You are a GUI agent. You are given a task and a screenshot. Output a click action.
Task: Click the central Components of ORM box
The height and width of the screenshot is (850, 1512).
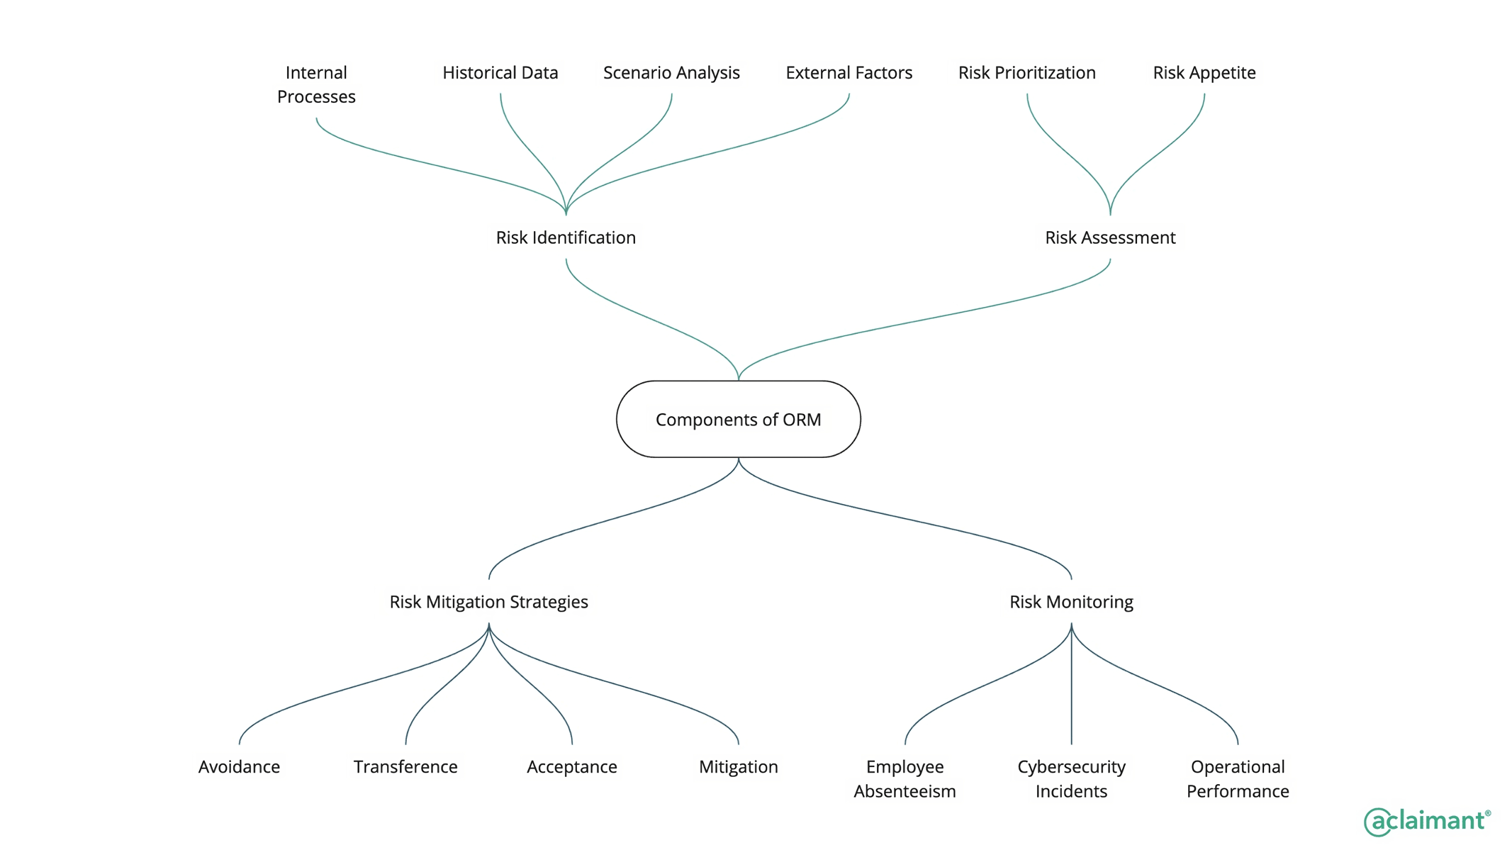(738, 419)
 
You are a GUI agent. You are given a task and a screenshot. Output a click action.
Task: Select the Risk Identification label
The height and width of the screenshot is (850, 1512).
(566, 237)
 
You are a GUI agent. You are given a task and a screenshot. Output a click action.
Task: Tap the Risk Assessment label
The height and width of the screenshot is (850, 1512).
(1109, 237)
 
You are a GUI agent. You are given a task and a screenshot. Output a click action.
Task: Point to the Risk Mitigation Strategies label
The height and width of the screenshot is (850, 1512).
(488, 602)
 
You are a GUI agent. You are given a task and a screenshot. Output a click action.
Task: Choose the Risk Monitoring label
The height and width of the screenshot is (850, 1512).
(1071, 602)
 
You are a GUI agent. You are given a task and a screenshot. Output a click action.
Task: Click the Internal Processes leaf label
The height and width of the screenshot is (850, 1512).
(316, 84)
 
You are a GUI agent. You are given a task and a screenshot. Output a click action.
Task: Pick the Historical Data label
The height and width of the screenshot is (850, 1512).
(500, 73)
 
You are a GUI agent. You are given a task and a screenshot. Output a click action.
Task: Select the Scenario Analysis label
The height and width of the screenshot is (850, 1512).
(671, 73)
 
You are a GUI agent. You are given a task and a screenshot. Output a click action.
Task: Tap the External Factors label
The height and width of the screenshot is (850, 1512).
(849, 73)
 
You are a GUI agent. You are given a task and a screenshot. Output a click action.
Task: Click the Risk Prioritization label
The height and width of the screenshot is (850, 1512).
(1026, 73)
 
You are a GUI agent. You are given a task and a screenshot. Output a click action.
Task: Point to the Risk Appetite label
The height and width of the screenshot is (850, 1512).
(1204, 73)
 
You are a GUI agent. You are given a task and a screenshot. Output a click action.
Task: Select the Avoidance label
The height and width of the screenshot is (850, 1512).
(239, 767)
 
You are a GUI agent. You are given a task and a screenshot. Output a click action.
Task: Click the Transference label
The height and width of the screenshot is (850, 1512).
(405, 767)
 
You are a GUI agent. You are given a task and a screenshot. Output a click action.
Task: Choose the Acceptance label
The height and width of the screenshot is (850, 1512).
(571, 767)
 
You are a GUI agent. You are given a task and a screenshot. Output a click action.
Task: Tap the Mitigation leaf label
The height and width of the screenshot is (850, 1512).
(738, 767)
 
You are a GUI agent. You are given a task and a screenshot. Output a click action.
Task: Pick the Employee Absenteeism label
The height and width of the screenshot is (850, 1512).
(905, 778)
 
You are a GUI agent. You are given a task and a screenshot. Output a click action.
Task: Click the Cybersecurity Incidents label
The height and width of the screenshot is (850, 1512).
(1071, 778)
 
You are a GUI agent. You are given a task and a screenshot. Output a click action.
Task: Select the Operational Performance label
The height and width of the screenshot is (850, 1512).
(1238, 778)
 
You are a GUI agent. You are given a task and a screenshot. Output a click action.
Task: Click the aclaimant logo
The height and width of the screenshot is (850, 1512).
(1426, 821)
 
